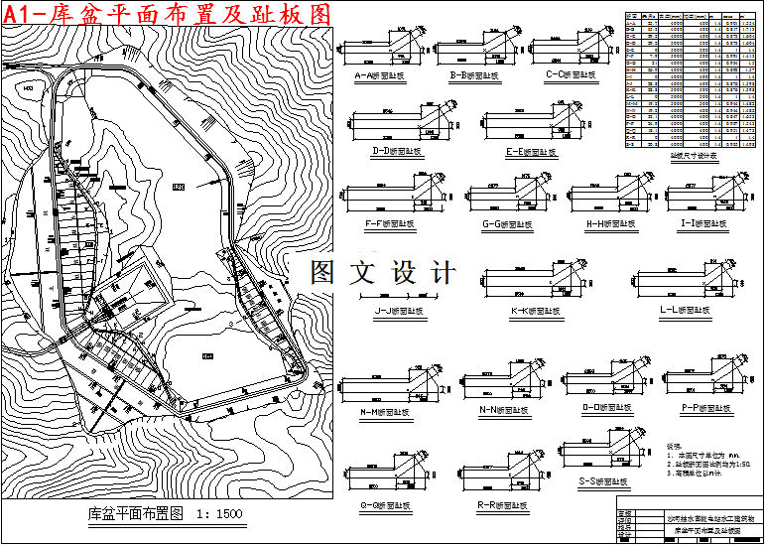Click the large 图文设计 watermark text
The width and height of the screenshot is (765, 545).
pos(383,272)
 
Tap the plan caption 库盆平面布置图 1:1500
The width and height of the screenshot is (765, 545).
pos(159,513)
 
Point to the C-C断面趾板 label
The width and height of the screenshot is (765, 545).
pos(574,75)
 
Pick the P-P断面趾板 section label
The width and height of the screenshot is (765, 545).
pos(706,407)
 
